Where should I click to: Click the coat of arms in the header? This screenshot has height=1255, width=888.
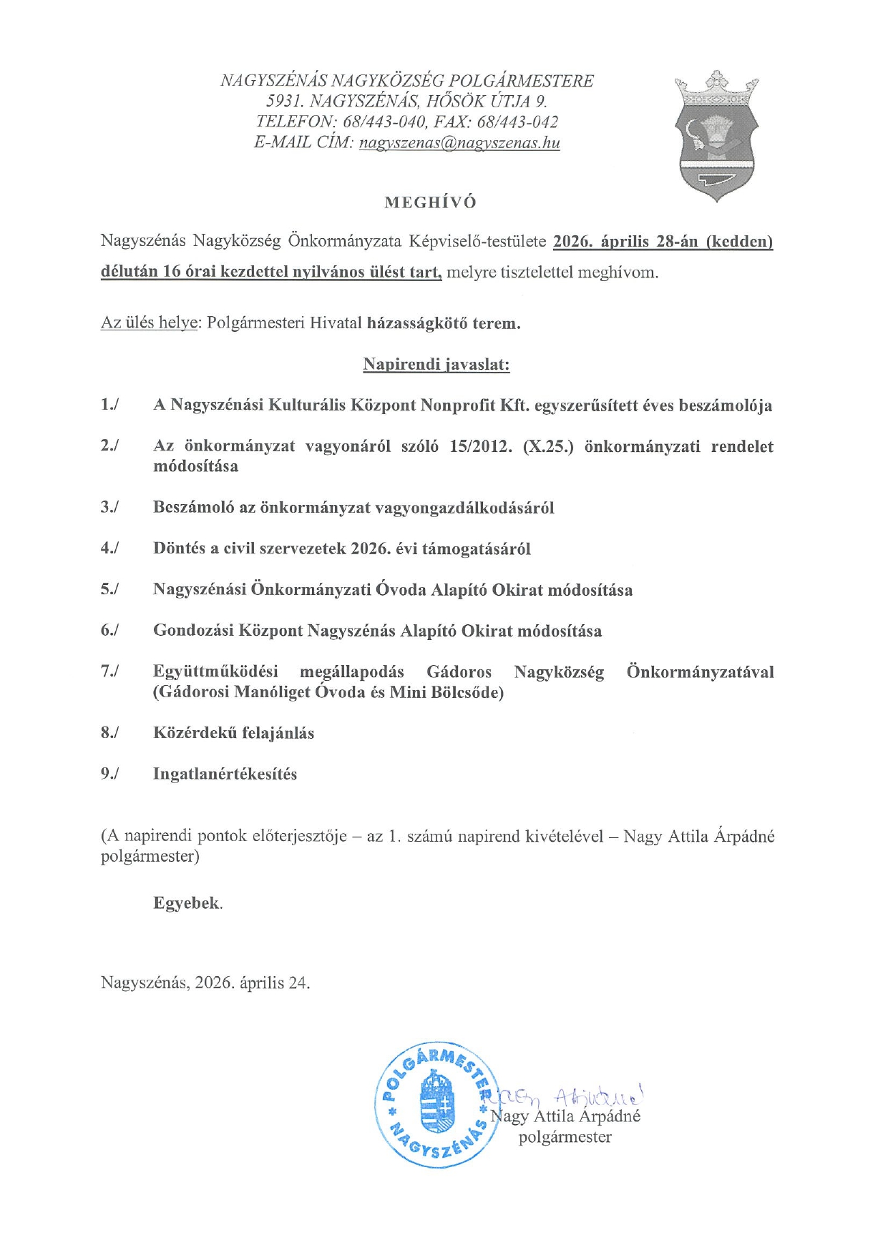point(716,136)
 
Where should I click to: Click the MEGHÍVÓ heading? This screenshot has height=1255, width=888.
point(430,202)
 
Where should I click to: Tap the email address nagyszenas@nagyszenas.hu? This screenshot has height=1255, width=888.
point(459,142)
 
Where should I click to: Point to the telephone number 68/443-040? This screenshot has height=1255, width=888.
point(386,122)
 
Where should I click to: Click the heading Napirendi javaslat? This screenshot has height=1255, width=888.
point(436,365)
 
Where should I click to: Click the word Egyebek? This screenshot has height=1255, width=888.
point(187,903)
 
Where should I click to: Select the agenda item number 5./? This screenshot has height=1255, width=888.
point(109,590)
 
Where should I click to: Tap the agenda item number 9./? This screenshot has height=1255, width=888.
point(109,774)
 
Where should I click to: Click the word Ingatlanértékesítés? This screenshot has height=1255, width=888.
point(225,774)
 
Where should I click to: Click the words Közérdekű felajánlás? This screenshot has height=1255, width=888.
point(233,733)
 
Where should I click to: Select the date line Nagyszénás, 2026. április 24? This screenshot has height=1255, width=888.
point(205,983)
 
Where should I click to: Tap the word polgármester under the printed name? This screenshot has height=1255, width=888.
point(565,1137)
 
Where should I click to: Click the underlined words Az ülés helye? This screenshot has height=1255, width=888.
point(149,323)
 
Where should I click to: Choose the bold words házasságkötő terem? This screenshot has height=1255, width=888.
point(444,323)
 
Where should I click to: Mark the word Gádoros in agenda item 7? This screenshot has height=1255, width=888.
point(459,672)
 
